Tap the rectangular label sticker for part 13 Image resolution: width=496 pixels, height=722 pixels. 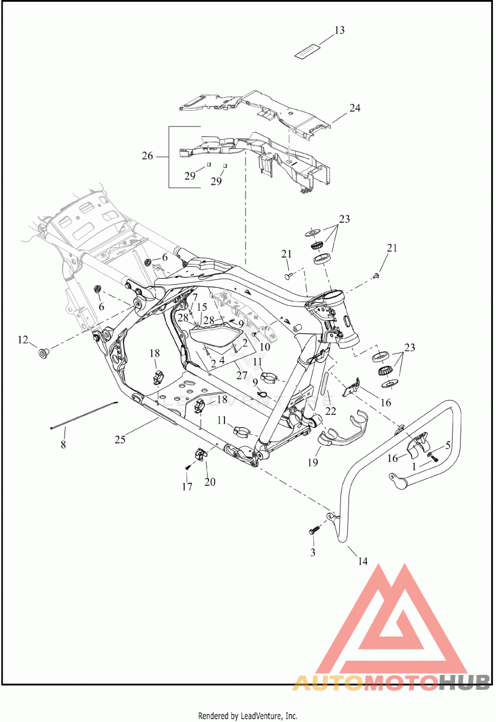(308, 51)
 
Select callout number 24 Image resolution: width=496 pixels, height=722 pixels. (355, 108)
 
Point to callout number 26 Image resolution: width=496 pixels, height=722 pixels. (147, 155)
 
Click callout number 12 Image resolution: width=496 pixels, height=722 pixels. (23, 339)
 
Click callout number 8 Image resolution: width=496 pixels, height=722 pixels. (63, 444)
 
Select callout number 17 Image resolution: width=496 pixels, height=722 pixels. (187, 487)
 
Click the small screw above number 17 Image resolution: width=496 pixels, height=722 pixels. (187, 466)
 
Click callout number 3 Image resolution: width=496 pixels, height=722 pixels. (313, 551)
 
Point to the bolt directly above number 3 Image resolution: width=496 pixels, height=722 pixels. (313, 530)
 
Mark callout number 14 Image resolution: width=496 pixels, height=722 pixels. (362, 562)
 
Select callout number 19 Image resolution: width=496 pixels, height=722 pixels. (314, 462)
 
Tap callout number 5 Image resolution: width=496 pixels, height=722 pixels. (448, 445)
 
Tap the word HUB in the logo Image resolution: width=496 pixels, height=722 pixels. (464, 682)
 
